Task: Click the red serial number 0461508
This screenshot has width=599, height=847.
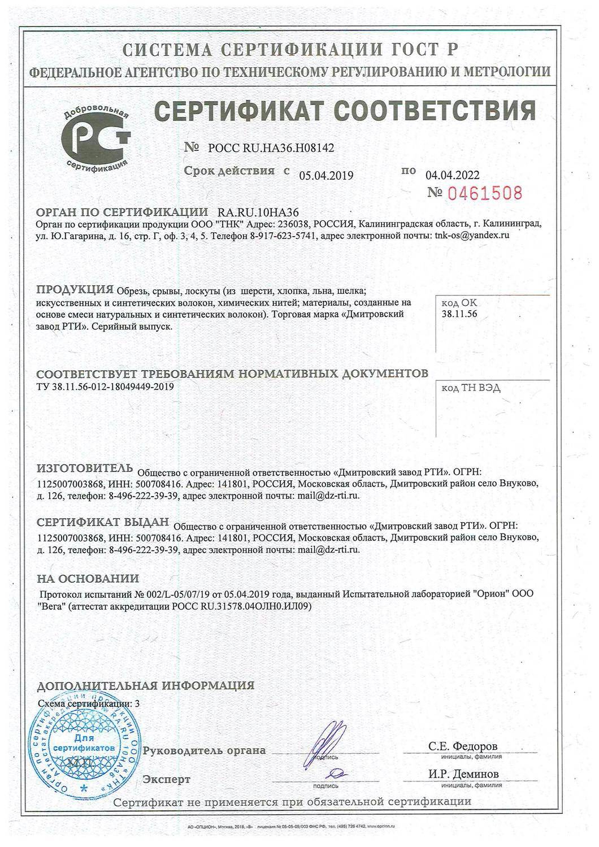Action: pyautogui.click(x=484, y=193)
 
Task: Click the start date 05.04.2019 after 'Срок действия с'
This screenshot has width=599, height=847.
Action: pyautogui.click(x=326, y=176)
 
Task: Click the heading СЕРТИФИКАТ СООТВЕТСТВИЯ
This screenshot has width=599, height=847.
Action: pyautogui.click(x=345, y=110)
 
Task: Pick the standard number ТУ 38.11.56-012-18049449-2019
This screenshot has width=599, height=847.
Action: pyautogui.click(x=105, y=386)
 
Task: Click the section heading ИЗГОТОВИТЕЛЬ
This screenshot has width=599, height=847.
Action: pyautogui.click(x=84, y=468)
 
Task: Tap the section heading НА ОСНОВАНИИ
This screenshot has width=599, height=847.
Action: pyautogui.click(x=88, y=579)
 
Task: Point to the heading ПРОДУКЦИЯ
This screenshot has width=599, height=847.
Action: pyautogui.click(x=75, y=290)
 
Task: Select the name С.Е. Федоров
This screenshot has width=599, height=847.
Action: pyautogui.click(x=463, y=746)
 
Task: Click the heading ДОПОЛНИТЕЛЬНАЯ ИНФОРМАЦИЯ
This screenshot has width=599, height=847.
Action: pyautogui.click(x=145, y=686)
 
